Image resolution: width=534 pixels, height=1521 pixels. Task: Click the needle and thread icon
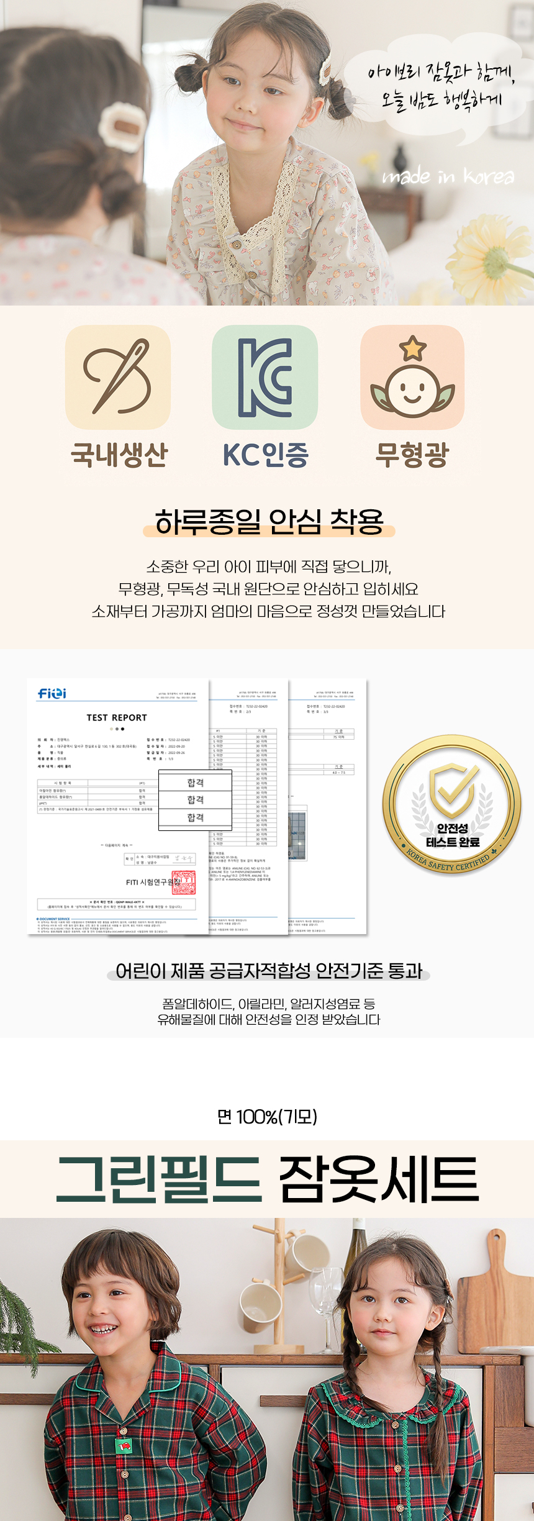[118, 377]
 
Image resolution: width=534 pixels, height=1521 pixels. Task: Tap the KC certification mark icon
[265, 377]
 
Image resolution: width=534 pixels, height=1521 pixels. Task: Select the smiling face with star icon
[412, 377]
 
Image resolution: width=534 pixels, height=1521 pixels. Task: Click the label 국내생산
[119, 454]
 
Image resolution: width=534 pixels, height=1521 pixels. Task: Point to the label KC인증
[266, 454]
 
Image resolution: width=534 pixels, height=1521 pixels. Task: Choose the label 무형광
[412, 454]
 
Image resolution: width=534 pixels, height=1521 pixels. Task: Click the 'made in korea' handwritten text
[448, 177]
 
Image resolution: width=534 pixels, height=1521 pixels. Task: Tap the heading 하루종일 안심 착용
[269, 522]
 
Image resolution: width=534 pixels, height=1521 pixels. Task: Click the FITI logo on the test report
[52, 693]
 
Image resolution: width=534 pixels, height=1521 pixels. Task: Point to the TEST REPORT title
[117, 717]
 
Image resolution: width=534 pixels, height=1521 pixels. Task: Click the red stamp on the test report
[183, 883]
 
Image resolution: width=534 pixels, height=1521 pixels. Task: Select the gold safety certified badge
[451, 806]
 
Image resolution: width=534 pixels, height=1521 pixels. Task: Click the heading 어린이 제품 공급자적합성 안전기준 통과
[268, 971]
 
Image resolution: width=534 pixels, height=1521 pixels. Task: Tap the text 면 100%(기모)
[267, 1117]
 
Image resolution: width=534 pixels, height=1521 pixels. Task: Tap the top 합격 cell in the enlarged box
[196, 783]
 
